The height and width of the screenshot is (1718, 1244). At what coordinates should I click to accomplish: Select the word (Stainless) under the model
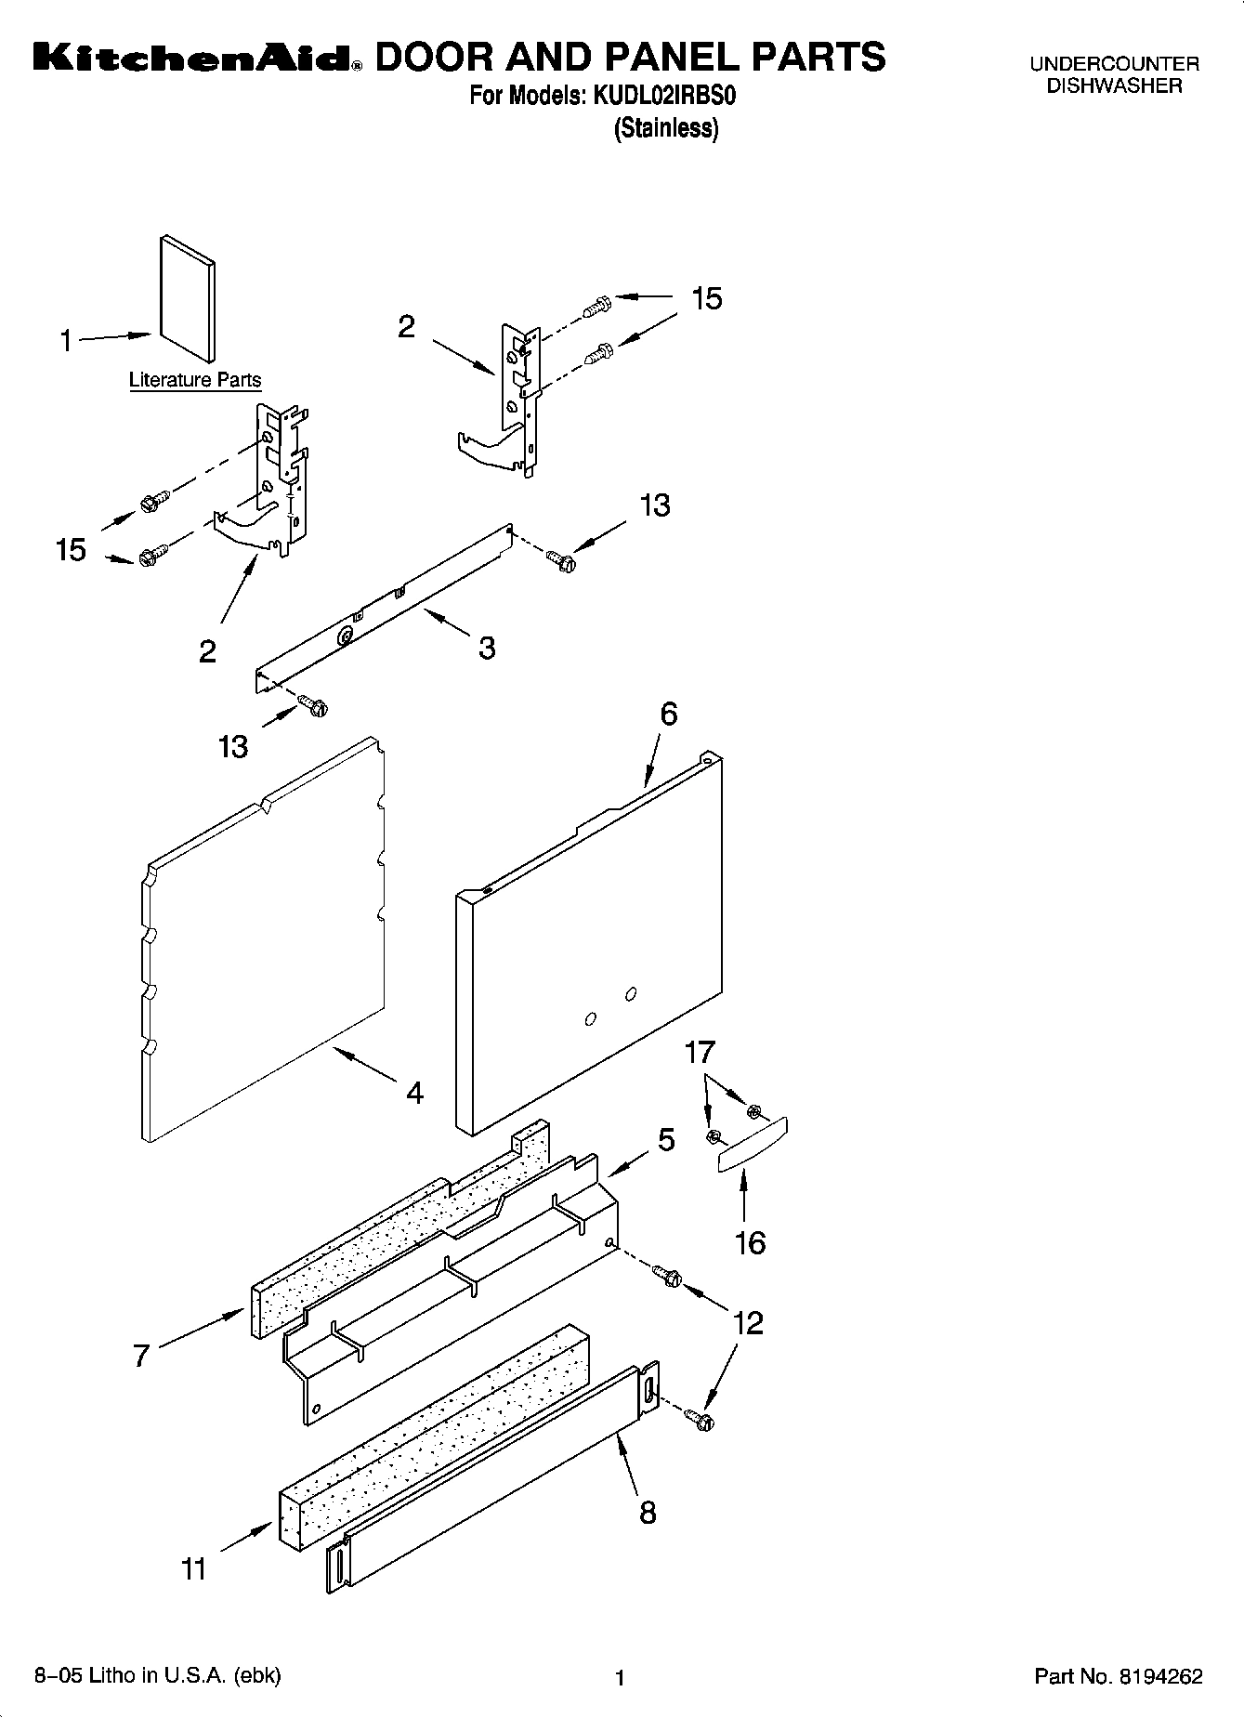665,128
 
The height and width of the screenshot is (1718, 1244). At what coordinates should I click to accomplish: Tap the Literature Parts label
194,380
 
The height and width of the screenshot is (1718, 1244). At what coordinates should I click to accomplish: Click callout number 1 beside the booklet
66,342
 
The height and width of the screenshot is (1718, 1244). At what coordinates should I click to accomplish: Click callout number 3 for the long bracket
487,648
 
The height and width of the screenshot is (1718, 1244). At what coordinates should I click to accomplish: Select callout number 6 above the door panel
669,715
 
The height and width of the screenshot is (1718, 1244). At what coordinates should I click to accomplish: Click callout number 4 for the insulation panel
414,1093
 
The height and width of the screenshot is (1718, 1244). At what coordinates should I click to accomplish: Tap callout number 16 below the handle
750,1242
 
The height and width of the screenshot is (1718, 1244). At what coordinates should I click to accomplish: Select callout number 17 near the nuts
700,1053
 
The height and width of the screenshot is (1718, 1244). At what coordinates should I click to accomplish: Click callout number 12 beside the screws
748,1322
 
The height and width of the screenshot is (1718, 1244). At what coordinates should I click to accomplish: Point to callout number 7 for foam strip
140,1356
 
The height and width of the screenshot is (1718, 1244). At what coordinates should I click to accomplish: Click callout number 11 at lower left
193,1569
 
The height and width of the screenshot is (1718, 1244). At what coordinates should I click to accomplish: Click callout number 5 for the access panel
666,1140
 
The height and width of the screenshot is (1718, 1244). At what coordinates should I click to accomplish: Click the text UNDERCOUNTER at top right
1114,64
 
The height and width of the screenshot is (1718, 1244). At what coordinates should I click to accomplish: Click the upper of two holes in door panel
631,994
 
